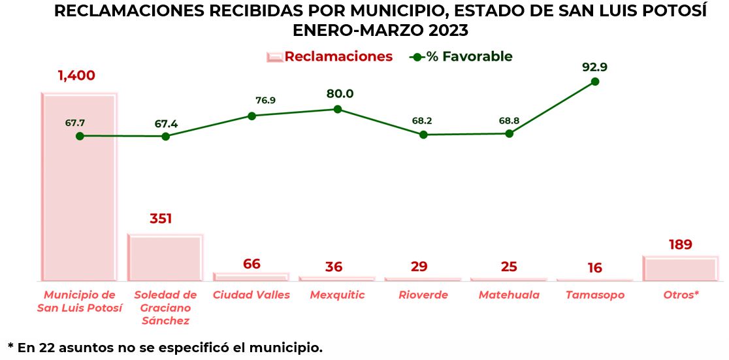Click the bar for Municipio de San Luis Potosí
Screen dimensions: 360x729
pyautogui.click(x=79, y=189)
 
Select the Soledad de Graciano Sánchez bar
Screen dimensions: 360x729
pyautogui.click(x=165, y=257)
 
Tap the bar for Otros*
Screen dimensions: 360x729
pyautogui.click(x=680, y=269)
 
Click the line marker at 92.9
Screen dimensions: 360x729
pyautogui.click(x=594, y=82)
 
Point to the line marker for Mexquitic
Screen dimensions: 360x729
pyautogui.click(x=337, y=109)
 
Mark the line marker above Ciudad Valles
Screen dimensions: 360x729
pyautogui.click(x=251, y=116)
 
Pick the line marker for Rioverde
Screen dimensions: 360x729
pyautogui.click(x=423, y=135)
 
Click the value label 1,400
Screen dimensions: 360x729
pyautogui.click(x=76, y=75)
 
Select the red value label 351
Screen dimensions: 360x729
pyautogui.click(x=161, y=218)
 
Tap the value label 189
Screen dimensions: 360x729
pyautogui.click(x=680, y=245)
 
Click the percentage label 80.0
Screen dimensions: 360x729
pyautogui.click(x=340, y=93)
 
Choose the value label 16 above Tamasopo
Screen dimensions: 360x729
pyautogui.click(x=594, y=268)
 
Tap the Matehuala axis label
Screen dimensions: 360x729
pyautogui.click(x=509, y=295)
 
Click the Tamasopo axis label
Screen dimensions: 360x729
pyautogui.click(x=594, y=295)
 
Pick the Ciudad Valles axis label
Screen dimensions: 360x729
pyautogui.click(x=251, y=295)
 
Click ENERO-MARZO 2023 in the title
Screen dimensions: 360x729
pyautogui.click(x=380, y=31)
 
